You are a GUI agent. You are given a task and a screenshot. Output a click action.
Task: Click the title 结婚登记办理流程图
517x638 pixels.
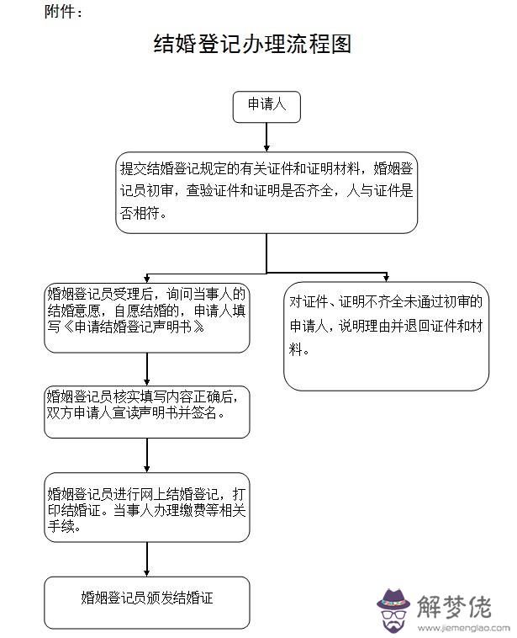[x=251, y=45]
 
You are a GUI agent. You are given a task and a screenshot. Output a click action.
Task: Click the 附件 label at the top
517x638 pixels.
[x=64, y=12]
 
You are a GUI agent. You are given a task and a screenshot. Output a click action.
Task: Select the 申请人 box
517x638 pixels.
[x=266, y=106]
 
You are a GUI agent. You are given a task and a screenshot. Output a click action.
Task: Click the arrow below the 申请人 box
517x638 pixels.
[x=266, y=137]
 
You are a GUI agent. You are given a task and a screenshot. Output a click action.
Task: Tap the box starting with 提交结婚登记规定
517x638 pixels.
[x=266, y=193]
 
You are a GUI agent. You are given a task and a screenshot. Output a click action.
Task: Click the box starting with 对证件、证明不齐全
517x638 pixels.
[x=386, y=338]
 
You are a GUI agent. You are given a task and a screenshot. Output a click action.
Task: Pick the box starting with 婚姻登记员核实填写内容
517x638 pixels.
[x=147, y=412]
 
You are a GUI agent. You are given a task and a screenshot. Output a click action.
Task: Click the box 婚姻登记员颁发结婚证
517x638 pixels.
[x=147, y=599]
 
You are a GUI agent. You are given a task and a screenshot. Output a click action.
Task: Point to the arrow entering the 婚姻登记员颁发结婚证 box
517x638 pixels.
[x=147, y=560]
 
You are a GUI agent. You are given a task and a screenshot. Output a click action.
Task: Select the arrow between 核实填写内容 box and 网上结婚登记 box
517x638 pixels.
[x=147, y=455]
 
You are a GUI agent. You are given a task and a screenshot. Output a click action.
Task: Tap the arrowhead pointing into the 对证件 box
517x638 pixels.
[x=387, y=278]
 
